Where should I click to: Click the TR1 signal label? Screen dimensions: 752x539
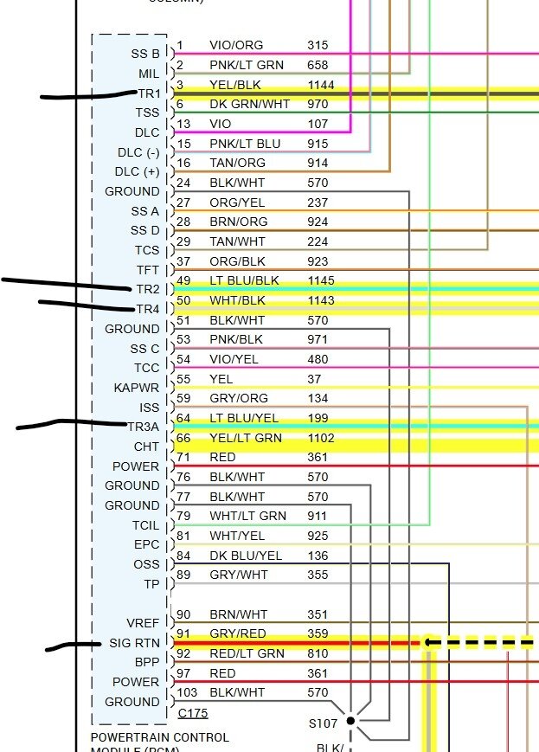pyautogui.click(x=149, y=93)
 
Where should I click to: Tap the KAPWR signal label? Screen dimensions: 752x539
pyautogui.click(x=137, y=388)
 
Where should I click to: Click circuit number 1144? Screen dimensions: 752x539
pyautogui.click(x=320, y=85)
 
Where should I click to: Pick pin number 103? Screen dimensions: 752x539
pyautogui.click(x=187, y=692)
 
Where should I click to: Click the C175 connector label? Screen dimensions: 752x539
pyautogui.click(x=193, y=714)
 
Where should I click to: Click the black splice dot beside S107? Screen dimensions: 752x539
pyautogui.click(x=350, y=720)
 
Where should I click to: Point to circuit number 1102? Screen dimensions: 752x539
pyautogui.click(x=320, y=438)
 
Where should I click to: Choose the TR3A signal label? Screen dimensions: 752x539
pyautogui.click(x=144, y=427)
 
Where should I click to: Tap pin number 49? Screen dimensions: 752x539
pyautogui.click(x=183, y=280)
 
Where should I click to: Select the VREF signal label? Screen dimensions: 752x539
pyautogui.click(x=143, y=623)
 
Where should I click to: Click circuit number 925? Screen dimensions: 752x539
pyautogui.click(x=318, y=536)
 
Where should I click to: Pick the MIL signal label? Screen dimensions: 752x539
pyautogui.click(x=149, y=74)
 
